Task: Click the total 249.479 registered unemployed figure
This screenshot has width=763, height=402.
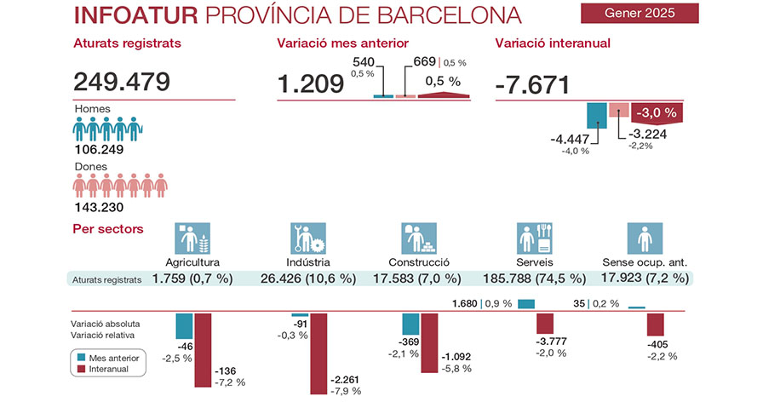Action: click(x=123, y=82)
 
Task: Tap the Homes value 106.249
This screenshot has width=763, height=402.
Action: click(x=100, y=149)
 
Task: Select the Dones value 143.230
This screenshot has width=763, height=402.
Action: click(x=100, y=207)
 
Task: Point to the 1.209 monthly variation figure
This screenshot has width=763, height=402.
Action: click(x=309, y=83)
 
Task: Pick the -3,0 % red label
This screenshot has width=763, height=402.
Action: click(x=656, y=112)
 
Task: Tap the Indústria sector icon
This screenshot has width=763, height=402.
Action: click(x=308, y=239)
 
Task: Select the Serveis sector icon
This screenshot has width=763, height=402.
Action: click(x=535, y=239)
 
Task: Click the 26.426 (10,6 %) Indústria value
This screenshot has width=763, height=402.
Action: click(x=308, y=279)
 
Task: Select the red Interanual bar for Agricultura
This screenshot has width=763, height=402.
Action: click(x=203, y=349)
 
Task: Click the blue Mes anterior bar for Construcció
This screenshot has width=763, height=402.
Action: click(x=410, y=324)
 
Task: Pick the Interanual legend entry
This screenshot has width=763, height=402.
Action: click(x=108, y=369)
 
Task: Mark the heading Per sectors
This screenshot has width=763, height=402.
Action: click(x=108, y=228)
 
